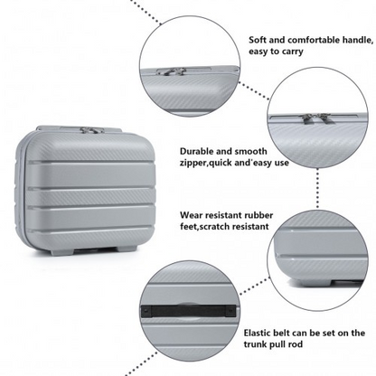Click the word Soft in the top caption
click(258, 41)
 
